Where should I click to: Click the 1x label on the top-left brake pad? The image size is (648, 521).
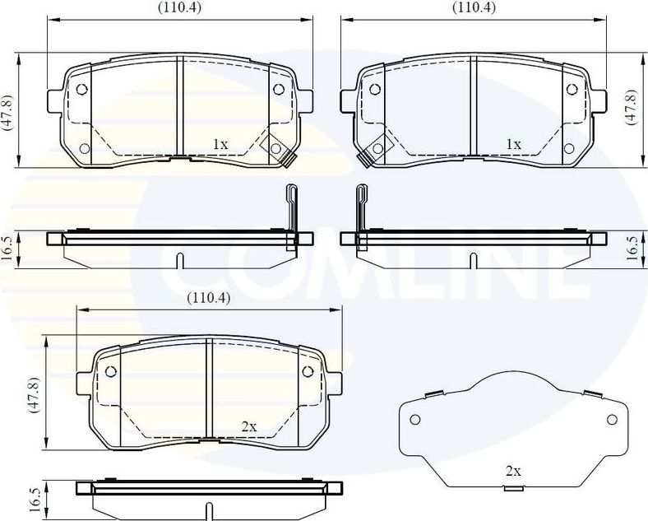[220, 144]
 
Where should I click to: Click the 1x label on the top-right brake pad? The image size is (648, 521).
[514, 144]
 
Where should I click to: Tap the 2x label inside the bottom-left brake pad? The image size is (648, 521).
[249, 426]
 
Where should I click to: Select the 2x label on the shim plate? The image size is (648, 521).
[513, 471]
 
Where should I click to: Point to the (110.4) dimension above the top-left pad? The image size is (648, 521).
[180, 7]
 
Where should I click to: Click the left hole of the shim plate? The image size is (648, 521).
[415, 420]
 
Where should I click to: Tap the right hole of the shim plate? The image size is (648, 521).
[611, 420]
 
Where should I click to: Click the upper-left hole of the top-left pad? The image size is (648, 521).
[81, 91]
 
